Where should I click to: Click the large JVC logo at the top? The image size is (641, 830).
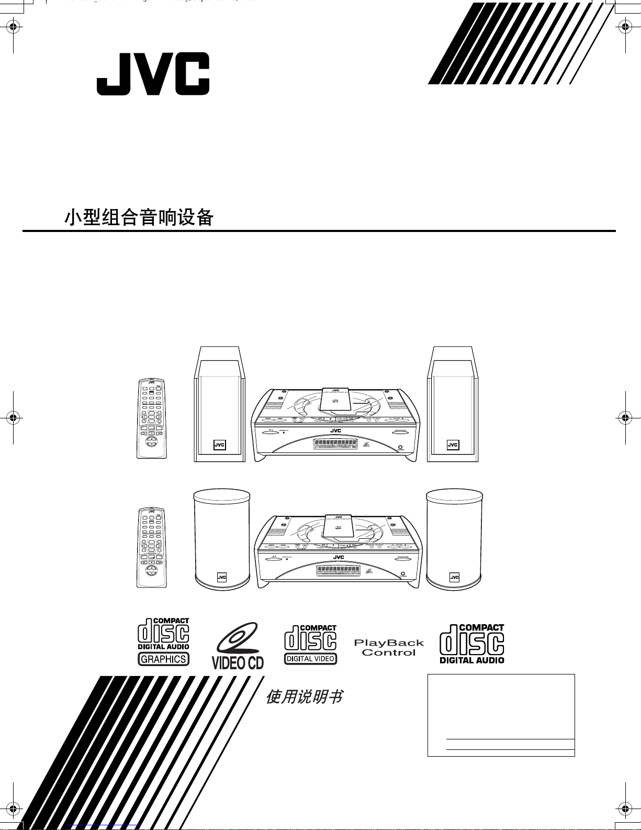(153, 74)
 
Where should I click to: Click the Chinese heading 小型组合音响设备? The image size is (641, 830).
(139, 217)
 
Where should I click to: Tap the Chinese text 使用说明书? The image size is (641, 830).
(304, 697)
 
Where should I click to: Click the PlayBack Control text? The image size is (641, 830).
(389, 648)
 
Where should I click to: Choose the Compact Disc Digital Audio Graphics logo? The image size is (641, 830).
(163, 642)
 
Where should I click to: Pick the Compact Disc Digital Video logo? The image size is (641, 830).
(311, 645)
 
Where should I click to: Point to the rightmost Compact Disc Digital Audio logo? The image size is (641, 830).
(472, 644)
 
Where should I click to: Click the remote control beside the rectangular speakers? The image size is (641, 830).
(151, 418)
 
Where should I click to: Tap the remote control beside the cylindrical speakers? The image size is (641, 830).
(151, 547)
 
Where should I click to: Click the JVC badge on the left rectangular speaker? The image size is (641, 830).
(220, 445)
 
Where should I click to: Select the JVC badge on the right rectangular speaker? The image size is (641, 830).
(453, 445)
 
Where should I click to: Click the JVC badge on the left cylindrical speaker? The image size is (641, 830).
(222, 578)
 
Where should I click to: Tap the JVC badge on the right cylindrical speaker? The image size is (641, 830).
(455, 578)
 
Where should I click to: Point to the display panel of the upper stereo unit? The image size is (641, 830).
(336, 444)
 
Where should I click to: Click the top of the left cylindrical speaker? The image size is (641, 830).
(222, 495)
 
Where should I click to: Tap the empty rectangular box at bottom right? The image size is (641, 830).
(501, 715)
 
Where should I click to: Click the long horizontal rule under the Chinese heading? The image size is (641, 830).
(319, 231)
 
